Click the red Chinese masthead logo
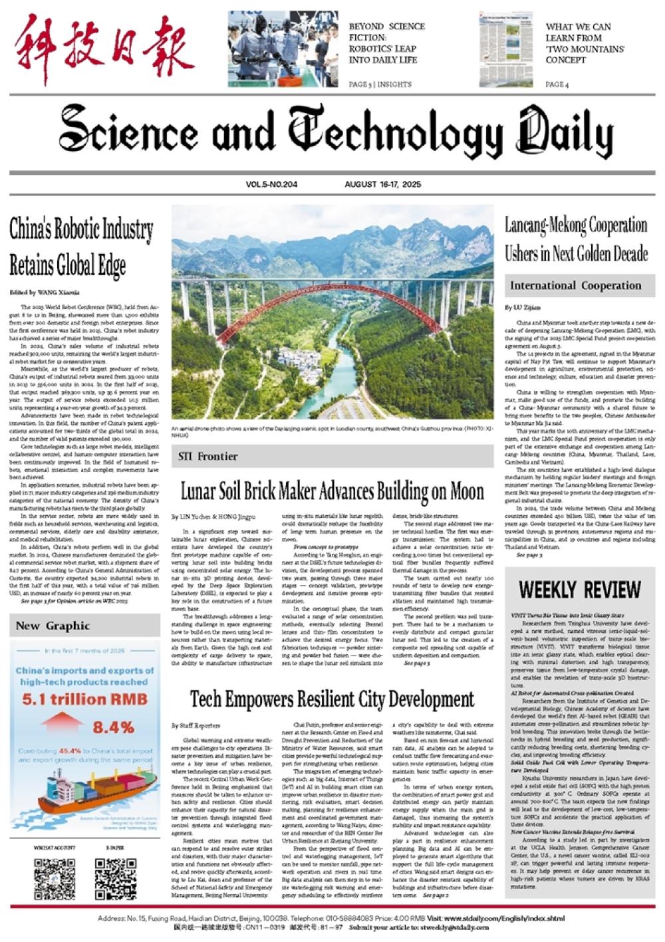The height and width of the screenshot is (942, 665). click(x=105, y=49)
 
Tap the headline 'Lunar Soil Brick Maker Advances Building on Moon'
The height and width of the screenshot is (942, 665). click(x=332, y=491)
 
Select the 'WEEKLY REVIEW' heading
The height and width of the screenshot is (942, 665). click(x=579, y=589)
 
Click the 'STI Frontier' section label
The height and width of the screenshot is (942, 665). click(x=208, y=456)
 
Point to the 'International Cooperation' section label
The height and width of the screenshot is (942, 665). click(x=575, y=286)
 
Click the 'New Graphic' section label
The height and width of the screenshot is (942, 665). click(x=53, y=626)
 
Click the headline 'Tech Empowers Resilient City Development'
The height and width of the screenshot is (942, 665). click(x=332, y=699)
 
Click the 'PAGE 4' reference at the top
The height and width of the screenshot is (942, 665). click(x=557, y=84)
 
